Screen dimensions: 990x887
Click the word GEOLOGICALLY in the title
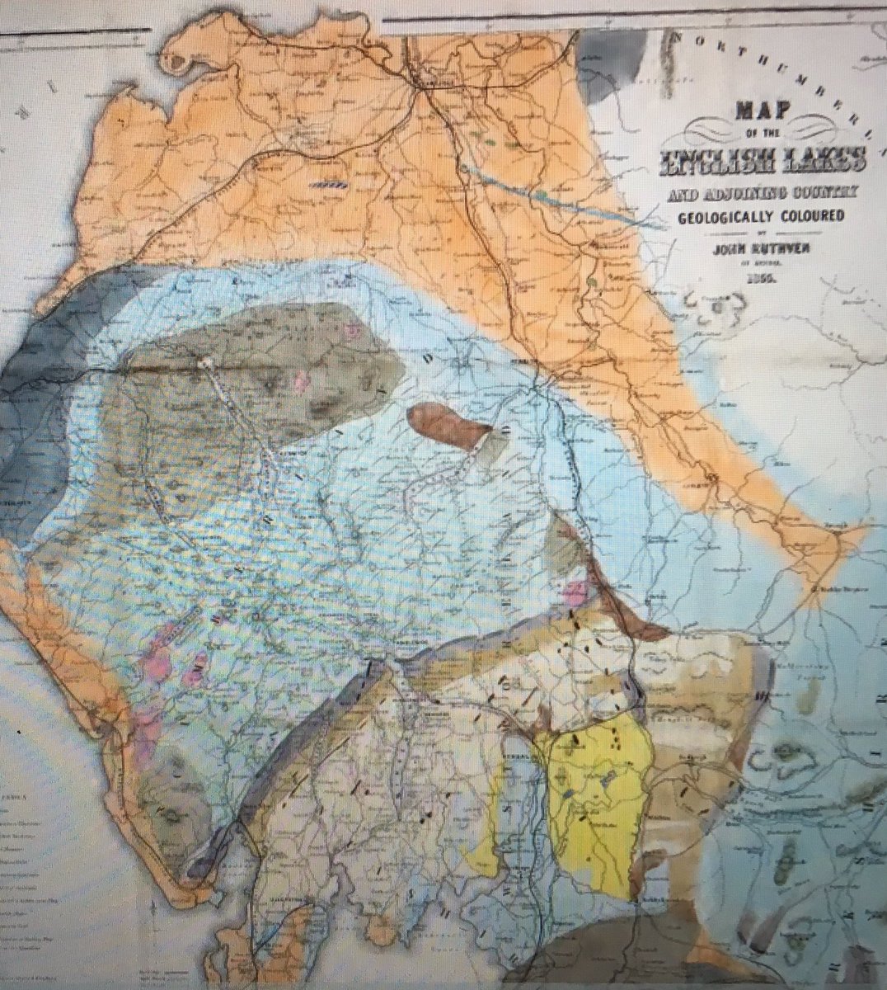(x=725, y=217)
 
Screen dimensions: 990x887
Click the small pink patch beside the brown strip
(x=574, y=591)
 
